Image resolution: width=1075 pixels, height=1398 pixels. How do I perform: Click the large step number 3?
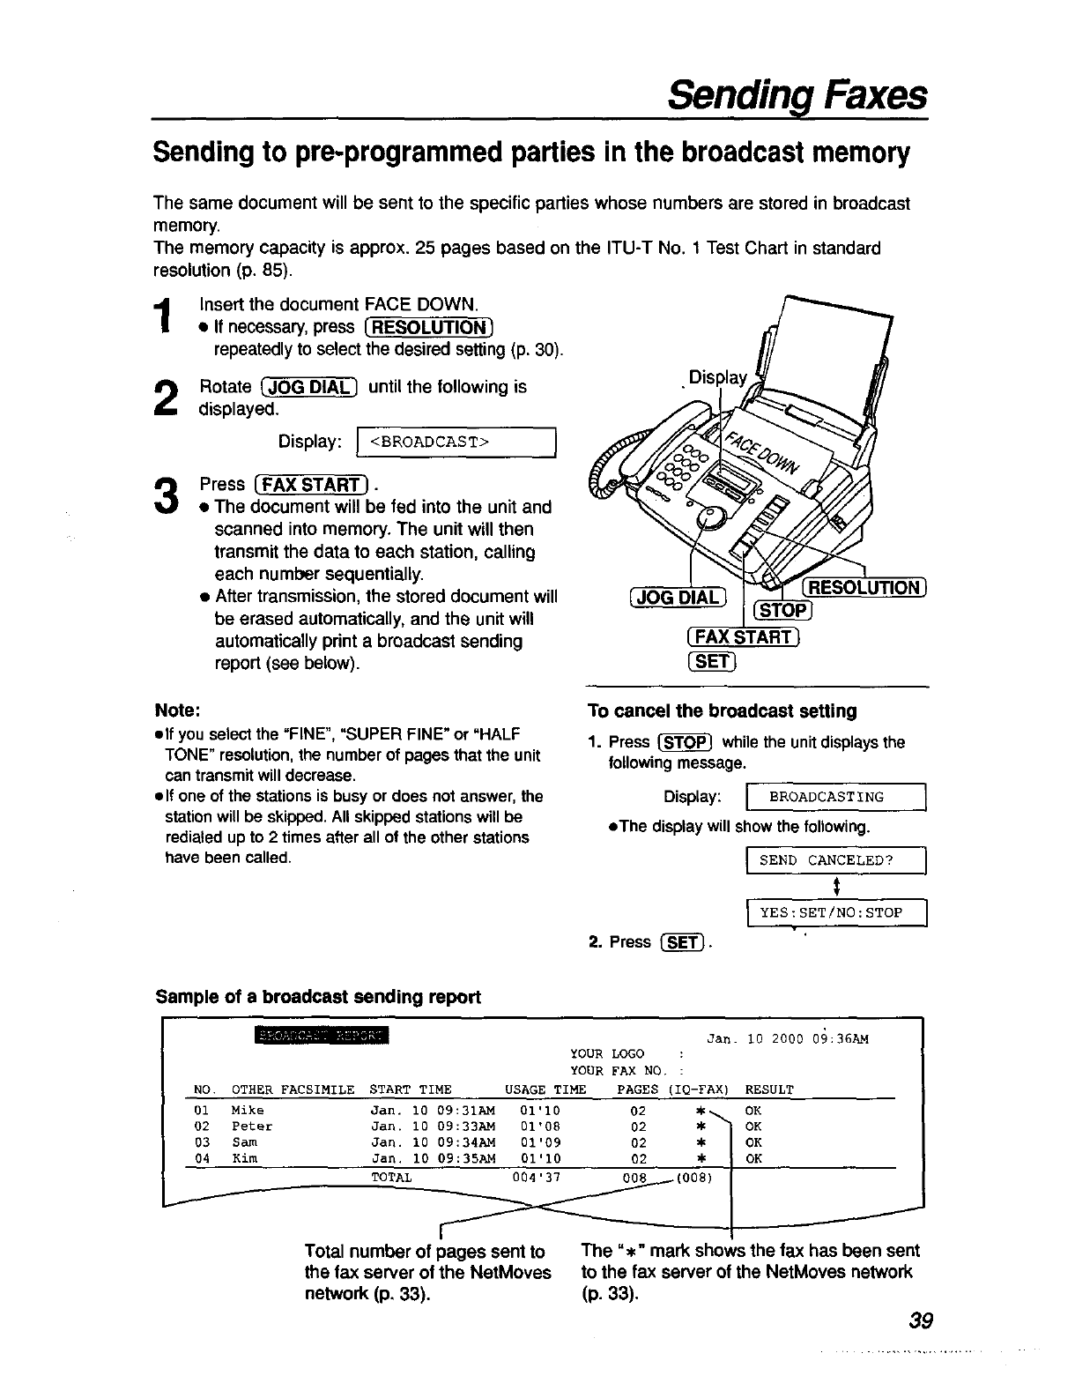tap(165, 495)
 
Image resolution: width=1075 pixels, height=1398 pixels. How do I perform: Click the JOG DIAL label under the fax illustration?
tap(678, 597)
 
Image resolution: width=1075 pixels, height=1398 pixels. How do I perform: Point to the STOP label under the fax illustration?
tap(783, 611)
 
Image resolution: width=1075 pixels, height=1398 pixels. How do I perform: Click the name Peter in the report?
tap(252, 1127)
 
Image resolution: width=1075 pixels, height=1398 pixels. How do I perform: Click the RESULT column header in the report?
tap(769, 1089)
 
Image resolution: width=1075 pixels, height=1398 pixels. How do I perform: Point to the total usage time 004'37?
tap(536, 1177)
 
